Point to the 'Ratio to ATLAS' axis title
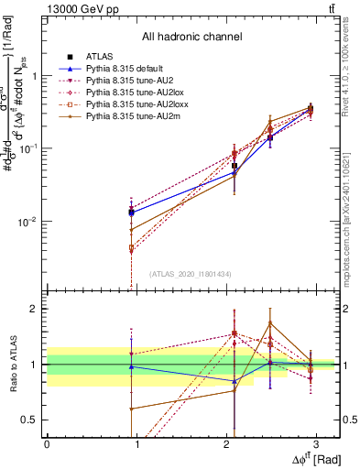(x=13, y=365)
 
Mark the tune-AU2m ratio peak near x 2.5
(x=270, y=322)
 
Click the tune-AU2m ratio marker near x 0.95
(x=132, y=409)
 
